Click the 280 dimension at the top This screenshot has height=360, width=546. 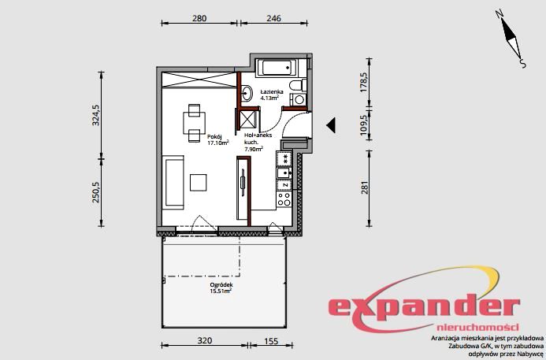coord(199,18)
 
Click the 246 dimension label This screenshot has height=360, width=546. coord(273,18)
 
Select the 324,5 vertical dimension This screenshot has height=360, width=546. coord(96,115)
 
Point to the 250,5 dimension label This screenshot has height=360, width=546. coord(96,192)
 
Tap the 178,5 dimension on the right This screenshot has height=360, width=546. coord(364,83)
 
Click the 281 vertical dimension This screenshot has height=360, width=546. coord(365,187)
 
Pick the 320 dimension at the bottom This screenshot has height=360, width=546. coord(204,340)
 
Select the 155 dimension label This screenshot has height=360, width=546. coord(271,341)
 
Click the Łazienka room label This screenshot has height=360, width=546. coord(272,92)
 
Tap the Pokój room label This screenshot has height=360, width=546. coord(214,137)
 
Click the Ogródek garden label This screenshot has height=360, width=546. coord(221,285)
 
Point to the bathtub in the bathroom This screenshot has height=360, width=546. coord(277,68)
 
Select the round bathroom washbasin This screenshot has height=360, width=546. coord(247,93)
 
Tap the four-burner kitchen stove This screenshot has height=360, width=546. coord(284,199)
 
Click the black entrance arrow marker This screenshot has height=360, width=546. coord(331,125)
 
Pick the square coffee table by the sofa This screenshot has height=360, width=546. coord(198,183)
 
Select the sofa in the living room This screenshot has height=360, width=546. coord(174,183)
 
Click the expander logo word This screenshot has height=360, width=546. coord(424,309)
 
